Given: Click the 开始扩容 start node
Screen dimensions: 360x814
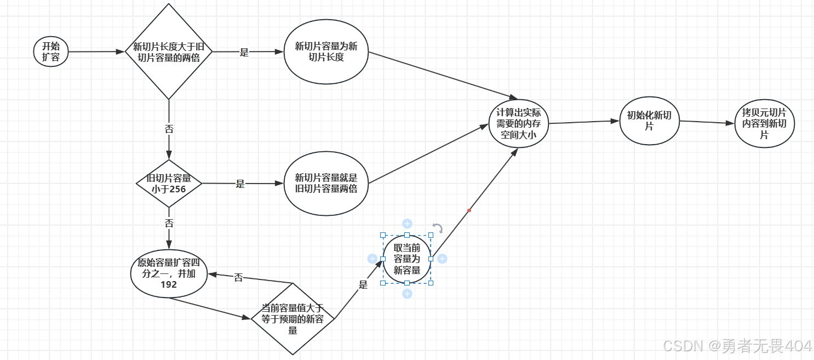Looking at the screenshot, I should click(51, 52).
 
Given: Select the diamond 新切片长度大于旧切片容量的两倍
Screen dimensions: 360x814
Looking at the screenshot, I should click(169, 52).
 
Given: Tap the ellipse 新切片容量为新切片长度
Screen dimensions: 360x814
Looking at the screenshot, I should click(326, 52).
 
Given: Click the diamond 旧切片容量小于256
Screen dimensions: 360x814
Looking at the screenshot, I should click(169, 184).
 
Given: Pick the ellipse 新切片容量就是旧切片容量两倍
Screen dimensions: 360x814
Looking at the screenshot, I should click(326, 184).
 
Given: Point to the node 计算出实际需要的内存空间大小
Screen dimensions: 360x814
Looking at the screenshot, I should click(518, 123).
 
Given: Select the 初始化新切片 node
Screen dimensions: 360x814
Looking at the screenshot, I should click(649, 121).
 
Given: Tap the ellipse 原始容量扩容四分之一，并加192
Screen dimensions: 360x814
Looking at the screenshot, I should click(169, 273).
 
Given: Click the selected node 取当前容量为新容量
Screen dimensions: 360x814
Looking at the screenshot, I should click(406, 259).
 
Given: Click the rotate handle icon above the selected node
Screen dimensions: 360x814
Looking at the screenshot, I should click(437, 228).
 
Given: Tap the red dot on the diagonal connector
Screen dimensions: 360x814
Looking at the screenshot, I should click(469, 210).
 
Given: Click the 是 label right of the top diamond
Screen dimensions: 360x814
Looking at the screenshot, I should click(244, 53).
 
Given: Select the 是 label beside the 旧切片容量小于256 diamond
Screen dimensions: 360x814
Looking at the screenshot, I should click(240, 184).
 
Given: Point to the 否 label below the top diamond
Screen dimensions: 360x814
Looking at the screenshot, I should click(169, 129).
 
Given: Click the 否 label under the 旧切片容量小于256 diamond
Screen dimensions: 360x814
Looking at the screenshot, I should click(169, 224).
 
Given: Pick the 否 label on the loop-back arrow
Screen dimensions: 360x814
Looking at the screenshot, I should click(238, 278).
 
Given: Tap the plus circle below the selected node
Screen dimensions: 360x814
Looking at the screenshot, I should click(407, 294).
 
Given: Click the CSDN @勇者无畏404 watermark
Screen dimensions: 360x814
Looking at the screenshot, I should click(737, 346).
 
